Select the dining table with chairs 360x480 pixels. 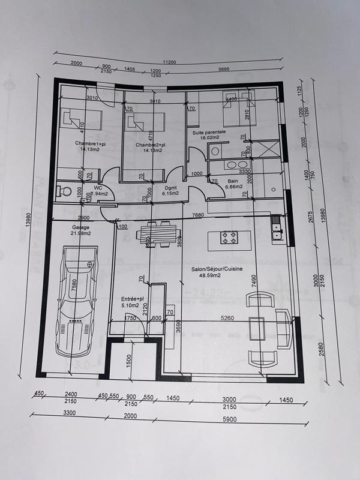(159, 233)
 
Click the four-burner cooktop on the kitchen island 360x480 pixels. (229, 238)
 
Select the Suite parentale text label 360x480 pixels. (209, 131)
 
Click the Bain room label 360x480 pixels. (233, 181)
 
